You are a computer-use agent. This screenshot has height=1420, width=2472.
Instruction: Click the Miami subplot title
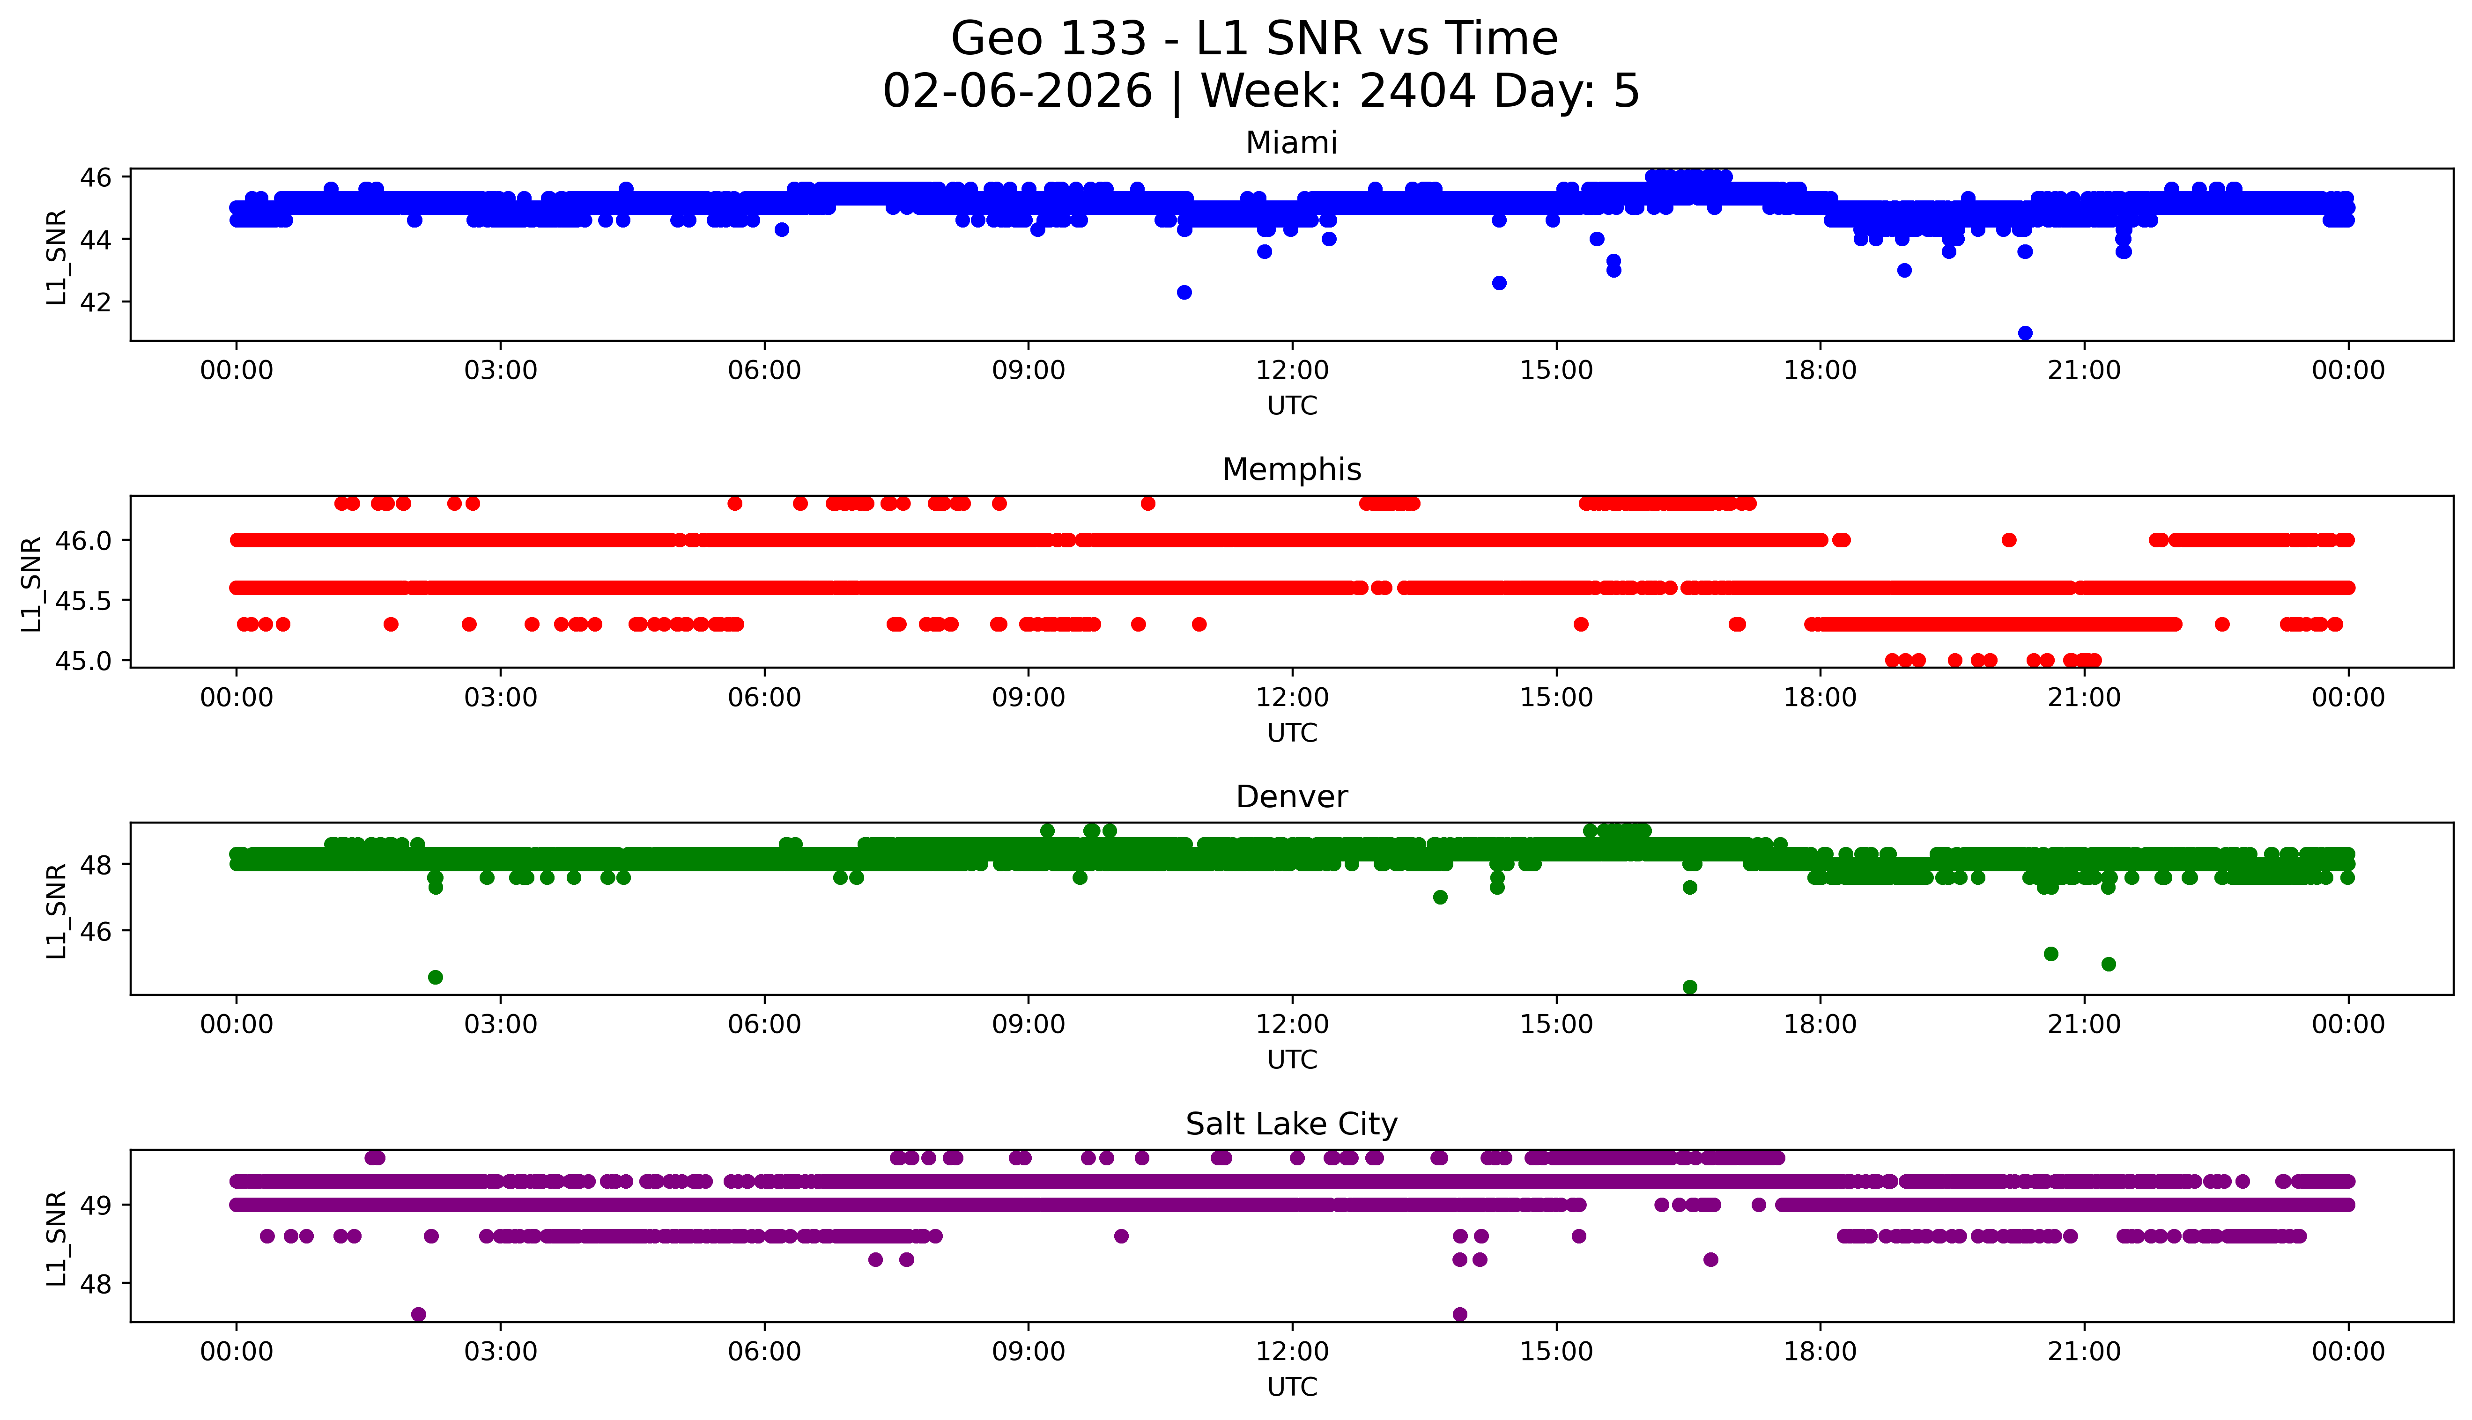click(1291, 143)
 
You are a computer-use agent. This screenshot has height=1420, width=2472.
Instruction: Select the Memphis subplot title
click(1291, 470)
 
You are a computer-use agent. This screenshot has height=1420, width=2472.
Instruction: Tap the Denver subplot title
click(1291, 797)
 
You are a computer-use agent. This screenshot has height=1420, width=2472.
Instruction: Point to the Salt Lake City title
click(1291, 1125)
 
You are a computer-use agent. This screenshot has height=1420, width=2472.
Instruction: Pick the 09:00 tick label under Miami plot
click(1028, 371)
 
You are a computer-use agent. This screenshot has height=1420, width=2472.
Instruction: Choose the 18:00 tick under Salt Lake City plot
click(1820, 1352)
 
